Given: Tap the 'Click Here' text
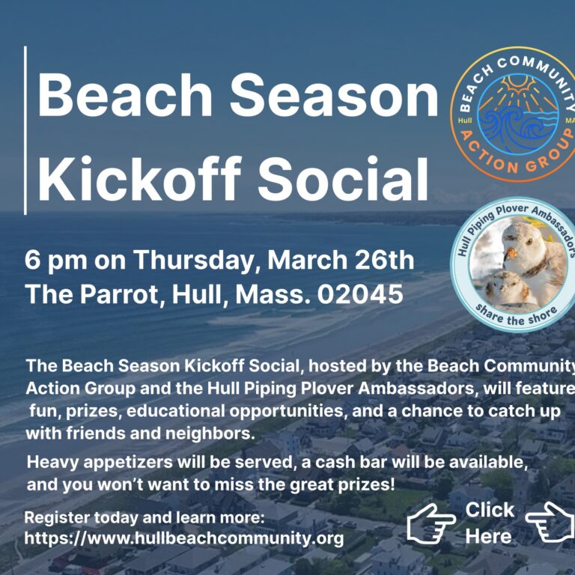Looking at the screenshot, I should tap(489, 523).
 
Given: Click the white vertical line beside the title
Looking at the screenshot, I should tap(25, 130).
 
